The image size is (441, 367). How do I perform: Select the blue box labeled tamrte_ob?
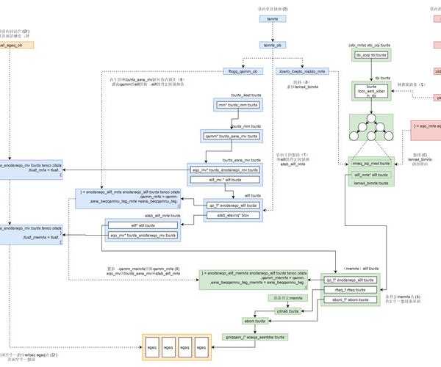(x=273, y=46)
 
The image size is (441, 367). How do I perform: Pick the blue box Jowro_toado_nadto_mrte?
(x=302, y=71)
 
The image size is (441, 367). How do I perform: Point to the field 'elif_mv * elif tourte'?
(x=232, y=178)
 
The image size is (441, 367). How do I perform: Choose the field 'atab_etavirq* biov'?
(x=232, y=216)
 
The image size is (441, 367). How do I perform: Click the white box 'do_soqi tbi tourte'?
(x=371, y=54)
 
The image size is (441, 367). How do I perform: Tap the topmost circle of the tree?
(x=371, y=119)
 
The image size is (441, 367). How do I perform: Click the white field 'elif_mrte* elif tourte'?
(x=370, y=175)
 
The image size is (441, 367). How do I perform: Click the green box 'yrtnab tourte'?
(x=286, y=311)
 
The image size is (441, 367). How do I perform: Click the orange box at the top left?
(x=12, y=46)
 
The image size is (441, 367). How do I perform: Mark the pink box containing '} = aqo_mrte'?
(x=426, y=126)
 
